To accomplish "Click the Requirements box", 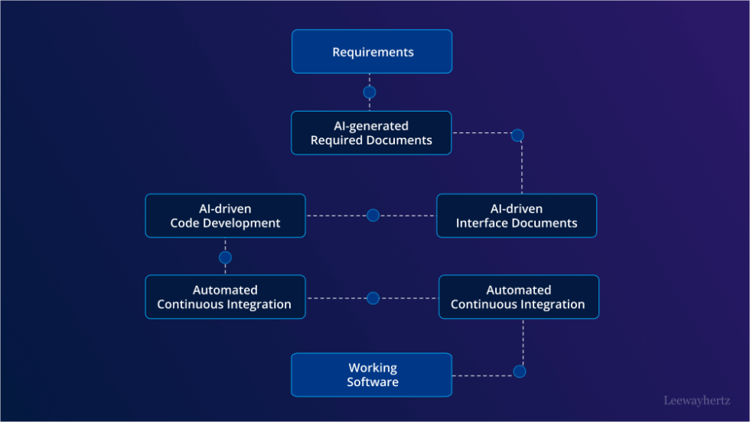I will (372, 52).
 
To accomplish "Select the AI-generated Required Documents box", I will (371, 133).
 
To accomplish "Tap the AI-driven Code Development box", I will (225, 216).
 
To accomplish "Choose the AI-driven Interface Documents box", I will (517, 216).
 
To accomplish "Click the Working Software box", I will (371, 375).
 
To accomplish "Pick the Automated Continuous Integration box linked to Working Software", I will (518, 297).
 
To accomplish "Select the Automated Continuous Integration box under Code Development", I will (225, 297).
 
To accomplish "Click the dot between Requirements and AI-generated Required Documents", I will (370, 93).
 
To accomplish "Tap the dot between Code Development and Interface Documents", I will (373, 216).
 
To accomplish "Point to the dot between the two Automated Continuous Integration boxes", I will (373, 298).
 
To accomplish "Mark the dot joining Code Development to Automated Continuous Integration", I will (225, 258).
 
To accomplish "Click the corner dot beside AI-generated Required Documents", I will (517, 135).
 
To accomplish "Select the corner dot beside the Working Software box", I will (520, 372).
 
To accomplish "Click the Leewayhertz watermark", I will (696, 400).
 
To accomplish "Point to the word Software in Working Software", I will (373, 382).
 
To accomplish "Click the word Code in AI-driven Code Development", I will (184, 223).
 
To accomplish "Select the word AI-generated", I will (371, 125).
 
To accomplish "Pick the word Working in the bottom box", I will (373, 368).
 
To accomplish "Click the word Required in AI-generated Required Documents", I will (339, 141).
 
